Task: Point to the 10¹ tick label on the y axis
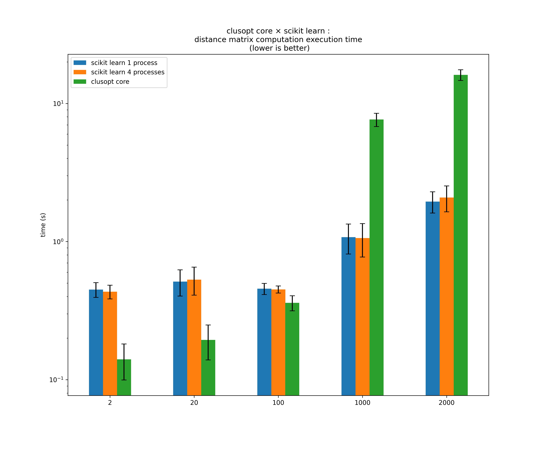pyautogui.click(x=58, y=104)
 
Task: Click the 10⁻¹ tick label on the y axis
pyautogui.click(x=56, y=380)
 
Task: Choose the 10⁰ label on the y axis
pyautogui.click(x=58, y=242)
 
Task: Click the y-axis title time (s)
pyautogui.click(x=43, y=225)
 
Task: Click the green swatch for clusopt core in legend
pyautogui.click(x=80, y=82)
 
